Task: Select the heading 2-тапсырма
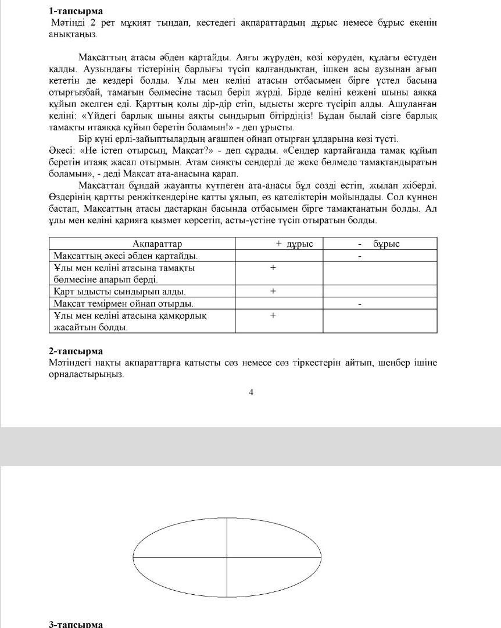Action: coord(76,351)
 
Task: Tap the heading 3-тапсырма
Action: coord(76,624)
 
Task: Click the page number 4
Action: coord(251,392)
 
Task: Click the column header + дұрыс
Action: coord(294,244)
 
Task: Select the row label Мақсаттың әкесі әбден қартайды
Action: coord(126,256)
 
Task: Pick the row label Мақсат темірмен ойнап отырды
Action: coord(123,303)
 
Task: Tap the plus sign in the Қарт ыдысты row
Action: coord(273,291)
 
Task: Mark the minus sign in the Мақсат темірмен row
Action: coord(360,303)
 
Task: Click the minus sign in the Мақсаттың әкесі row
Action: coord(360,256)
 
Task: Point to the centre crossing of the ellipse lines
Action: coord(227,558)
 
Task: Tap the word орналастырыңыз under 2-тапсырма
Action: coord(86,374)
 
